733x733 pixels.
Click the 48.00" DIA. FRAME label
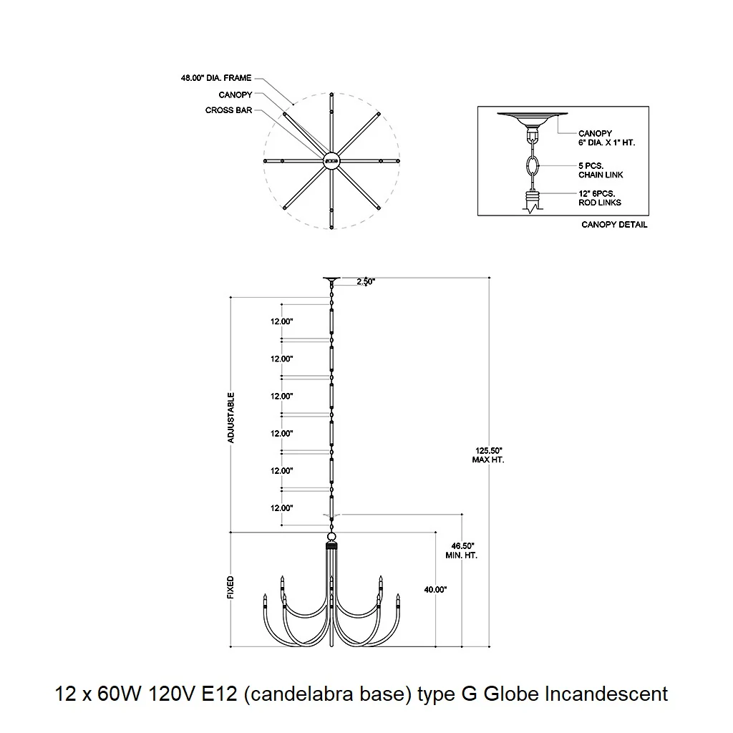(x=216, y=78)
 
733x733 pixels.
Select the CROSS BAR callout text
(x=228, y=110)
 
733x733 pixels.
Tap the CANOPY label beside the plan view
(x=235, y=95)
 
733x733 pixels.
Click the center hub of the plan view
(x=331, y=161)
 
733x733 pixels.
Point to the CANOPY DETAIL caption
(x=614, y=225)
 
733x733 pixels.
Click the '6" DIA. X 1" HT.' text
(x=606, y=142)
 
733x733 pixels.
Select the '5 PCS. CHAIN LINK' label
(x=601, y=170)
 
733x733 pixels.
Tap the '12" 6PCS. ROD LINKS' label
(x=600, y=198)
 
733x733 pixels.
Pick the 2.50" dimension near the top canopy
(x=366, y=282)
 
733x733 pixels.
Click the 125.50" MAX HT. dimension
(x=488, y=455)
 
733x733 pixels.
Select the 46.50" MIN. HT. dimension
(x=462, y=550)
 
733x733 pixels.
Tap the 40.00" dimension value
(x=435, y=590)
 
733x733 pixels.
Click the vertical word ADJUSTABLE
(x=231, y=417)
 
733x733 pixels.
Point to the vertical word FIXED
(x=230, y=588)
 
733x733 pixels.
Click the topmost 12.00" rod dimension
(x=281, y=321)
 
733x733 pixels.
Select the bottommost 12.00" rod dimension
(x=281, y=508)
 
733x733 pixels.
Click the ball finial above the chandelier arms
(x=331, y=536)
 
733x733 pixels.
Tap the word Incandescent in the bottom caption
(x=606, y=694)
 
